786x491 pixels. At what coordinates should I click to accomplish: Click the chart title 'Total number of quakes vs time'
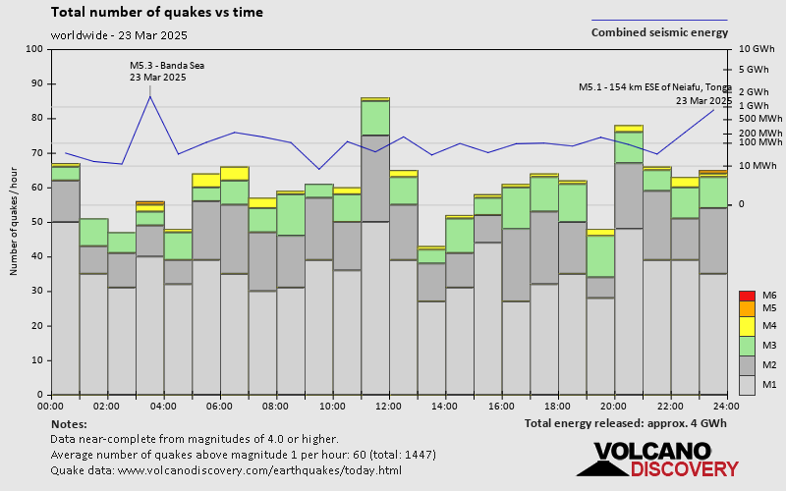[156, 13]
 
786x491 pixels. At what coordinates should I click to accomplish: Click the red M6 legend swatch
[746, 296]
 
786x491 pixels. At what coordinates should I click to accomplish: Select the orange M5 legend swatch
[746, 309]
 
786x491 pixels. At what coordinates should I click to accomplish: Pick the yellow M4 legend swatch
[746, 325]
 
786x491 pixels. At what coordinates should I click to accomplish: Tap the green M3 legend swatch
[746, 346]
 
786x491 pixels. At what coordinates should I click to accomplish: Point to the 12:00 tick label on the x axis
[388, 405]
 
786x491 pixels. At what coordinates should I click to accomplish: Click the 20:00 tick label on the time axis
[614, 405]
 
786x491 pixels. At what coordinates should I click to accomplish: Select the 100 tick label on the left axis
[35, 49]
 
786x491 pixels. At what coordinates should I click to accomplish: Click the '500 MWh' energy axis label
[759, 119]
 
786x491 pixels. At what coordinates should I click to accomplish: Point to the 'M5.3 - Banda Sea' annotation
[167, 66]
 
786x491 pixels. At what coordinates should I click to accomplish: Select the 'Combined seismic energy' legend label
[659, 32]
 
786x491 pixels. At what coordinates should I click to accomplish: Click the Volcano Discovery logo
[651, 460]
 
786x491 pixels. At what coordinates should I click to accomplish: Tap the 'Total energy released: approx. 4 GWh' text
[626, 423]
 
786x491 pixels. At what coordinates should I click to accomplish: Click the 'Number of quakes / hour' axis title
[15, 221]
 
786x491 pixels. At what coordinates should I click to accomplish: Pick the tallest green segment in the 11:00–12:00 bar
[374, 118]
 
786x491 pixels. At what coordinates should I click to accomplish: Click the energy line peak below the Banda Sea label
[150, 96]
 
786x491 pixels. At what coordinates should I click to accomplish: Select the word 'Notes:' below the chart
[68, 423]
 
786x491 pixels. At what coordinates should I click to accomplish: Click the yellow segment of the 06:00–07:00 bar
[234, 174]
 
